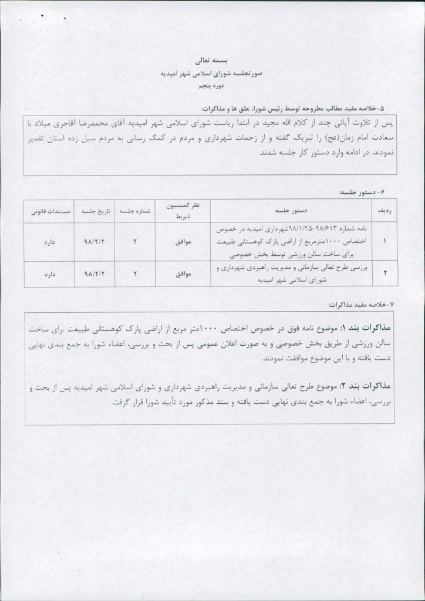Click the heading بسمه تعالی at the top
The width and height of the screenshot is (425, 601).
pos(212,60)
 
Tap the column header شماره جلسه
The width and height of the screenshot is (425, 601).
pos(134,209)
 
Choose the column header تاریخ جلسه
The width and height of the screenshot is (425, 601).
pos(93,209)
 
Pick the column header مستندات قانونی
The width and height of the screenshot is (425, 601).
pos(49,209)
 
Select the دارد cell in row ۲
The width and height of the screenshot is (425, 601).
pos(48,274)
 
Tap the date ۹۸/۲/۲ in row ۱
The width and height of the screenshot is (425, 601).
pos(93,241)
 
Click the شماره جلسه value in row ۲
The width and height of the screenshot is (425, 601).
pos(134,274)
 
